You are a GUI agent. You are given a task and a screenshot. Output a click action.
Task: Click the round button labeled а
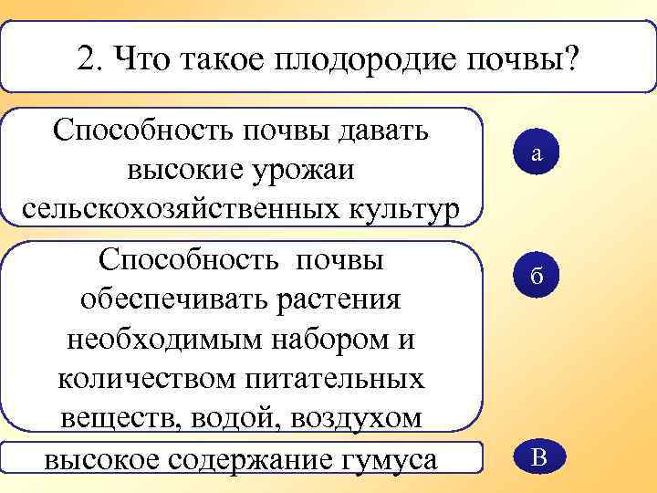coord(537,155)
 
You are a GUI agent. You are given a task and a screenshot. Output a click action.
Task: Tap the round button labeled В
coord(537,457)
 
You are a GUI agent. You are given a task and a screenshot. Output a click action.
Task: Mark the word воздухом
coord(359,418)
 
